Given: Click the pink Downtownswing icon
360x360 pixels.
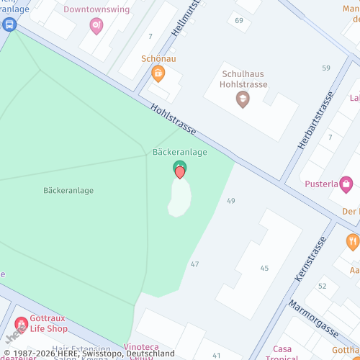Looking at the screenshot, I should click(96, 26).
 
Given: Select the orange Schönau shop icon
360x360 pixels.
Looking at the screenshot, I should click(158, 73).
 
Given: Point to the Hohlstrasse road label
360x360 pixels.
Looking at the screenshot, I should click(174, 119).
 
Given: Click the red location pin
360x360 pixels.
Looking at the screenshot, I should click(180, 173).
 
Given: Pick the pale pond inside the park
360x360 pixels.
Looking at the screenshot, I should click(180, 197).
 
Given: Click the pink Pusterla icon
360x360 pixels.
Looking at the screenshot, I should click(346, 183).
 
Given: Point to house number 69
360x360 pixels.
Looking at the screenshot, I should click(239, 20).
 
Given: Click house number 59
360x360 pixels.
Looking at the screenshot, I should click(326, 68).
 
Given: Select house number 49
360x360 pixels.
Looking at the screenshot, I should click(231, 200).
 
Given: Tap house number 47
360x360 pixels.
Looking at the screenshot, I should click(194, 264).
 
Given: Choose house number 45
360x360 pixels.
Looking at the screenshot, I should click(264, 268).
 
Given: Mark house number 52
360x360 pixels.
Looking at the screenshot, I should click(323, 286).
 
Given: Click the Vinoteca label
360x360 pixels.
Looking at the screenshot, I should click(140, 346).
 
